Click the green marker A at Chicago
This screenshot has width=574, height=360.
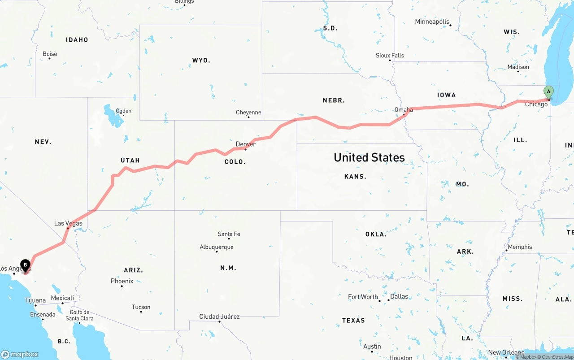[x=548, y=92]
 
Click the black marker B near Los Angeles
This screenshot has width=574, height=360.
[x=26, y=265]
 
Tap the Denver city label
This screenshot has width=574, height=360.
[x=246, y=144]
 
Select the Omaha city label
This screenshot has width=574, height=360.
[x=404, y=109]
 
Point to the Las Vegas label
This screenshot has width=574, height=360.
[x=68, y=223]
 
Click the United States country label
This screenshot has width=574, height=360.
[x=369, y=157]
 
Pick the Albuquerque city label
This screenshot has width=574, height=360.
[x=217, y=247]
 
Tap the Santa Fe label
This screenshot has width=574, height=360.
[x=229, y=234]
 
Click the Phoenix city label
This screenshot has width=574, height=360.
[x=122, y=281]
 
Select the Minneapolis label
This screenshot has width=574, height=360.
[x=432, y=22]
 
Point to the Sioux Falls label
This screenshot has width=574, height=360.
[x=390, y=55]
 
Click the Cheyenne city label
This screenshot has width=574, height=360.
[x=248, y=112]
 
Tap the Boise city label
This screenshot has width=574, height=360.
[x=50, y=54]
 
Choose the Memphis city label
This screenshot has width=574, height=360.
[x=520, y=247]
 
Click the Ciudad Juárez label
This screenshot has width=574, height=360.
[x=219, y=317]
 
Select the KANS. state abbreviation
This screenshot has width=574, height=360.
[x=355, y=177]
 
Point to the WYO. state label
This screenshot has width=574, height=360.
[x=201, y=60]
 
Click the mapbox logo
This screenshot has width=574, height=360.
[x=20, y=354]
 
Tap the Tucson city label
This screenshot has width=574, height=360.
[x=141, y=307]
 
